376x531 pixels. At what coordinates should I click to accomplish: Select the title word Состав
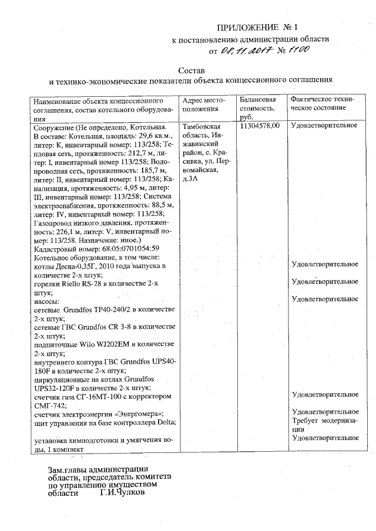192,69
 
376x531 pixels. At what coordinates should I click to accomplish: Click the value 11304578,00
260,126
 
